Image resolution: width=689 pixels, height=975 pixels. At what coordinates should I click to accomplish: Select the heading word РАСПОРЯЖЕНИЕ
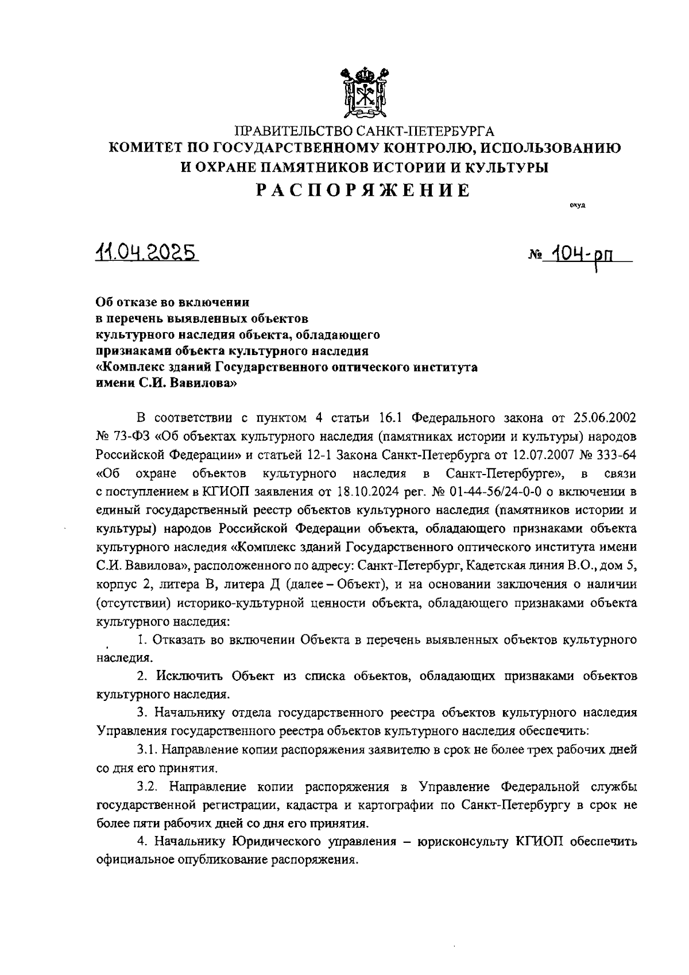tap(363, 190)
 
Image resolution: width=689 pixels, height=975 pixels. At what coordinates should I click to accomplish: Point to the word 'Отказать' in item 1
tap(177, 640)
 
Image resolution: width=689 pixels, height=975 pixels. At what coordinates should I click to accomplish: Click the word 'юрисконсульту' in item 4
tap(459, 842)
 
